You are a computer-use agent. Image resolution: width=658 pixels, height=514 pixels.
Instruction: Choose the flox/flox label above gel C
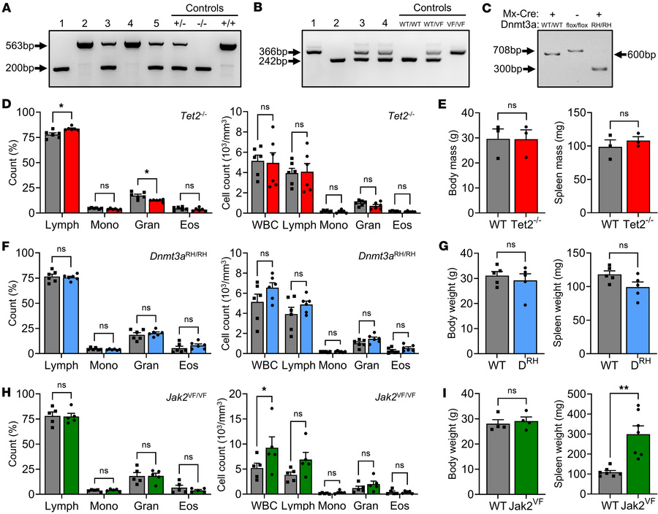575,24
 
